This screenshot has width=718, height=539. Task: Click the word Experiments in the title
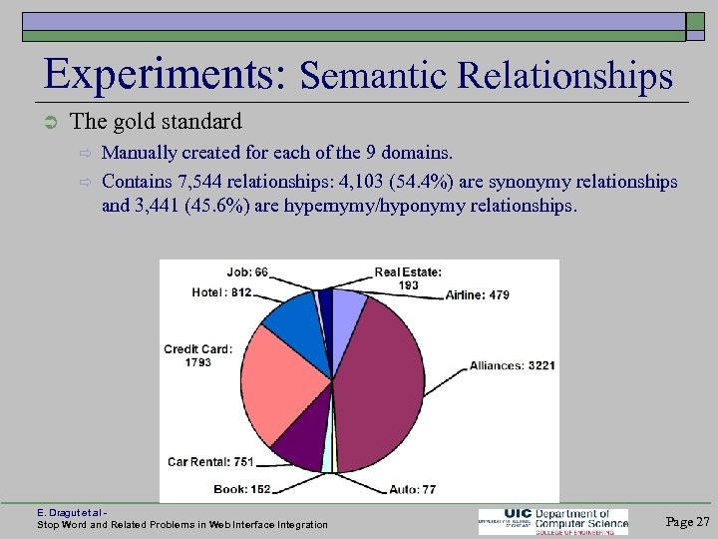[x=166, y=75]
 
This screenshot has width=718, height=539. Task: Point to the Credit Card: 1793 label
[x=197, y=355]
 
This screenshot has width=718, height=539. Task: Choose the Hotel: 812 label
[x=221, y=292]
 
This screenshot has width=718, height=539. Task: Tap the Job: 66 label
[x=247, y=271]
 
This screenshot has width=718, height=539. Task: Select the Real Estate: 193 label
[x=408, y=278]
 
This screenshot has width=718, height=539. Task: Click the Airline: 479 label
[x=478, y=294]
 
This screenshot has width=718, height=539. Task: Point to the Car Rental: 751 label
[x=210, y=461]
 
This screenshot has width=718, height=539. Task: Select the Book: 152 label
[x=242, y=489]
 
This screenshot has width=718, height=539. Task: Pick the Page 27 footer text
[x=687, y=521]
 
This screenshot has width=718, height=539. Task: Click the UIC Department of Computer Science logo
[x=553, y=521]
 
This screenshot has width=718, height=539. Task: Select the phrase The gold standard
[x=157, y=122]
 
